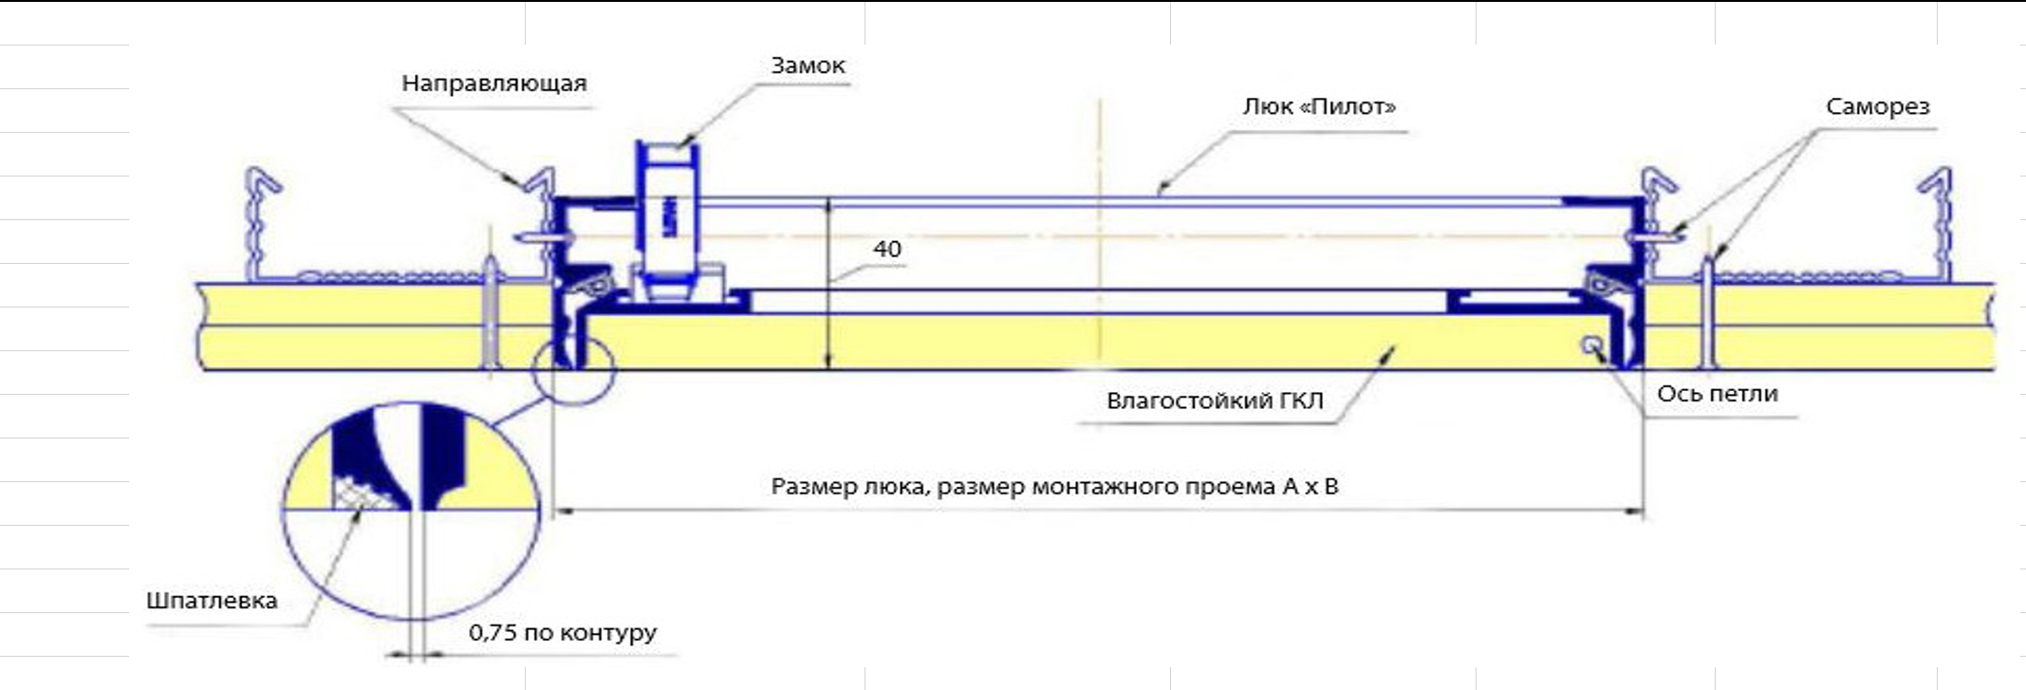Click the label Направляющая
[x=493, y=84]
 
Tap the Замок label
[x=808, y=65]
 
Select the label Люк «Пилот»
[x=1319, y=106]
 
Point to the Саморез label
[x=1877, y=107]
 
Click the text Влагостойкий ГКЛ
[x=1215, y=401]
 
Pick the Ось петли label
[x=1718, y=394]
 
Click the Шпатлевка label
[x=212, y=601]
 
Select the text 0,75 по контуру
[x=563, y=632]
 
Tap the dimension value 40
[x=887, y=249]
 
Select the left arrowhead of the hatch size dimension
[x=563, y=512]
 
